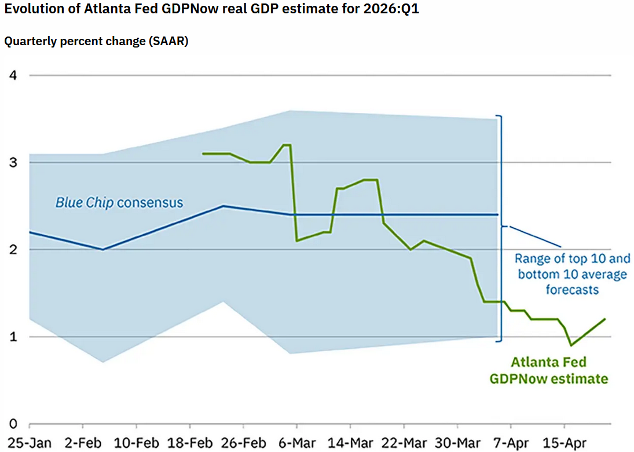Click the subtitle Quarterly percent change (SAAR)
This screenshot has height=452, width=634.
96,42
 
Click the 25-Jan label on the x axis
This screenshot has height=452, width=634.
30,443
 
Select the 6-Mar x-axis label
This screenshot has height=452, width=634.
296,443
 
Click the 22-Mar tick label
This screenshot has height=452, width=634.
404,443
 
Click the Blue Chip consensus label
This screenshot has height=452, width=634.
119,203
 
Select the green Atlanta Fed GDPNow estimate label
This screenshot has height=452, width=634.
548,370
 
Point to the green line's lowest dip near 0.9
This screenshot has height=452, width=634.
571,345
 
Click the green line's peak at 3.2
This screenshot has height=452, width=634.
286,145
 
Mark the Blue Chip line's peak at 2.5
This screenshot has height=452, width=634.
223,206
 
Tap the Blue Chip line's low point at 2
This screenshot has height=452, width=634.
103,249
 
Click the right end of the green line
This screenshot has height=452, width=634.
605,319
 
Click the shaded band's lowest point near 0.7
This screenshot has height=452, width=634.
103,362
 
